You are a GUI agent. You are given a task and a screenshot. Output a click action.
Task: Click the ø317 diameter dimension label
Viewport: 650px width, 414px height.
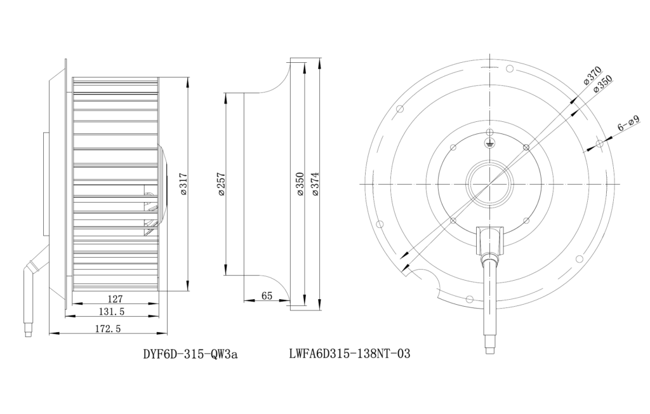pos(183,184)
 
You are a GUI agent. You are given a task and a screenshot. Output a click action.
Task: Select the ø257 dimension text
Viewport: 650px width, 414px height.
pos(220,184)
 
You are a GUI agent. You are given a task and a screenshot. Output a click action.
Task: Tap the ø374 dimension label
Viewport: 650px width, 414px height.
pos(315,184)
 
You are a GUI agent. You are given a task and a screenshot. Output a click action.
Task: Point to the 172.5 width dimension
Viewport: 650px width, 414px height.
pos(108,328)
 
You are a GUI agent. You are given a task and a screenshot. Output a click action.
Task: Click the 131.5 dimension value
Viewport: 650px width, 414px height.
pos(111,311)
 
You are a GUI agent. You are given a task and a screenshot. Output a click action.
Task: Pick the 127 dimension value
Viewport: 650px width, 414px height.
pos(115,298)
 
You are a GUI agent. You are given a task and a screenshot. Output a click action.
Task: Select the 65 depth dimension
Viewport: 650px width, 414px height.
pos(267,296)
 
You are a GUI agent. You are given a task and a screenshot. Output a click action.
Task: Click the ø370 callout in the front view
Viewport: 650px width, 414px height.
pos(592,76)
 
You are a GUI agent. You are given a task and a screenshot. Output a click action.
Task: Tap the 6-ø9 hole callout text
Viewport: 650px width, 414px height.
pos(629,123)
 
